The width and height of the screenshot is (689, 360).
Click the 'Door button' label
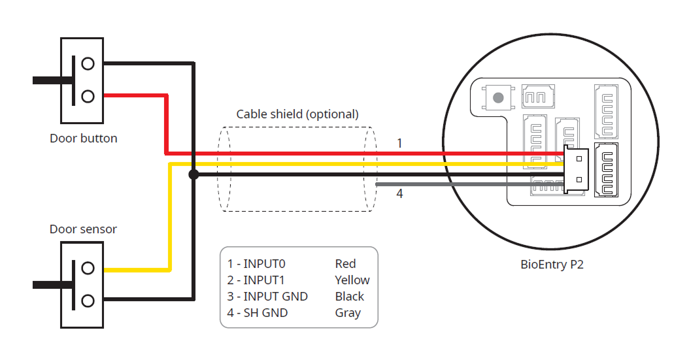pyautogui.click(x=83, y=139)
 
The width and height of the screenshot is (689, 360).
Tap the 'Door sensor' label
pyautogui.click(x=83, y=229)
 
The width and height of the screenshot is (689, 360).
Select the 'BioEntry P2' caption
pyautogui.click(x=552, y=265)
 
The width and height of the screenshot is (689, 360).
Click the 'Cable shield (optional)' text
pyautogui.click(x=297, y=114)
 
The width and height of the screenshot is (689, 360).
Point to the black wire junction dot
pyautogui.click(x=193, y=174)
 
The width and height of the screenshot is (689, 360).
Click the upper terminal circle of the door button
pyautogui.click(x=88, y=64)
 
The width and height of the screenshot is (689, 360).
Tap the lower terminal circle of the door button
pyautogui.click(x=88, y=97)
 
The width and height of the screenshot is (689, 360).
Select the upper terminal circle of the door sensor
pyautogui.click(x=88, y=269)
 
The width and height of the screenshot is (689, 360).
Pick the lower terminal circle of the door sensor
pyautogui.click(x=88, y=301)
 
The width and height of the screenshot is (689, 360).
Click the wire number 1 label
pyautogui.click(x=399, y=143)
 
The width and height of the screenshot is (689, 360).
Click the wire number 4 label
pyautogui.click(x=399, y=194)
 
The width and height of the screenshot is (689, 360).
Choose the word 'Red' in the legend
pyautogui.click(x=345, y=264)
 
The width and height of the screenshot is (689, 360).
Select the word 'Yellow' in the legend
pyautogui.click(x=352, y=280)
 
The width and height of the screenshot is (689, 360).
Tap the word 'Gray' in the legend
pyautogui.click(x=348, y=313)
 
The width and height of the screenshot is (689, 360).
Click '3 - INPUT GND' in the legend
pyautogui.click(x=267, y=297)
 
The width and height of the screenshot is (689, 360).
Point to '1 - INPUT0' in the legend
pyautogui.click(x=256, y=264)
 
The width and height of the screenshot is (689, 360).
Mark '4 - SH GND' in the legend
pyautogui.click(x=258, y=313)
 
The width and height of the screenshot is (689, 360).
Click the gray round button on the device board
pyautogui.click(x=498, y=98)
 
